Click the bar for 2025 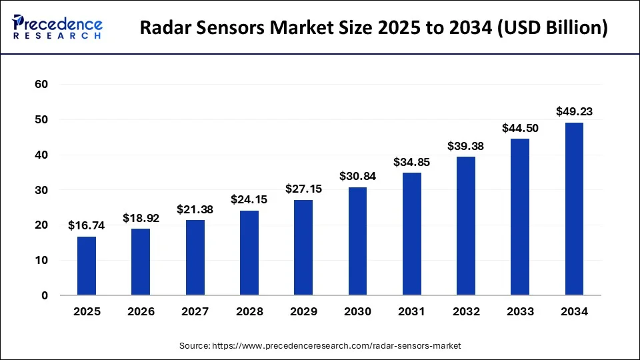87,266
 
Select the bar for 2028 249,253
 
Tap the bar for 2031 412,234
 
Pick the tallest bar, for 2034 574,209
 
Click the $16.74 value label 87,226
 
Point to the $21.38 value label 195,209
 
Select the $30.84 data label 357,176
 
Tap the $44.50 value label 520,128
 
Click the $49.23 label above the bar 574,111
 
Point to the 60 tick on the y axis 42,85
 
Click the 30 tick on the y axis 42,190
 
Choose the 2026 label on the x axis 141,311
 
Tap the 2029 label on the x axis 303,311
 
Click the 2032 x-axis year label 466,311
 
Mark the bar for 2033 520,217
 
